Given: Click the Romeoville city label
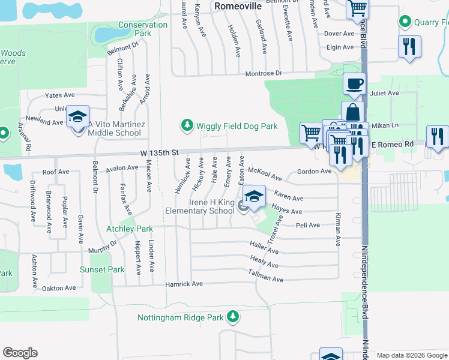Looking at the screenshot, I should [x=237, y=5].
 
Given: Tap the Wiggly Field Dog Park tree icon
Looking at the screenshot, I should [x=187, y=125].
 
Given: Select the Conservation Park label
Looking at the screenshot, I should [x=143, y=29].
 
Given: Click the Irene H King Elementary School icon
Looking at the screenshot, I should [x=254, y=197].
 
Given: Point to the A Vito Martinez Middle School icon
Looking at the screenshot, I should [x=77, y=118].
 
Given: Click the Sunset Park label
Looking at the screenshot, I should [x=102, y=269].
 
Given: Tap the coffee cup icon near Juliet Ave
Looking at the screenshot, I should [x=354, y=83].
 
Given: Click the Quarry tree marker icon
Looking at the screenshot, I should [x=405, y=22].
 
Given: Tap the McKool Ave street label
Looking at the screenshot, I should [x=265, y=173].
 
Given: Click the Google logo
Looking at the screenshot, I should [x=20, y=353].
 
